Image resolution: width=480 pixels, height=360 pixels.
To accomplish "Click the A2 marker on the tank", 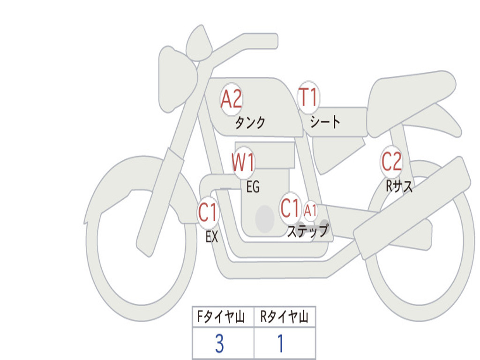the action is [x=231, y=99].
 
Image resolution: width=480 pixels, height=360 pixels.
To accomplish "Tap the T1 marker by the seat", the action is [x=308, y=98].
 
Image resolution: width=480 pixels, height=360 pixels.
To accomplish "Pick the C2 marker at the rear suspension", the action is [x=391, y=162].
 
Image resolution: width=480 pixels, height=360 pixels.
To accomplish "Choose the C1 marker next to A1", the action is [x=290, y=208].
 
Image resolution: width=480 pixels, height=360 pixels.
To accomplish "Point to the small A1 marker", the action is [x=310, y=210].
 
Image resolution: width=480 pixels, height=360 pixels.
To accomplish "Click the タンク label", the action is [x=250, y=123].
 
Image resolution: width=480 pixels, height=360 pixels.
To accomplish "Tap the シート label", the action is [x=325, y=122].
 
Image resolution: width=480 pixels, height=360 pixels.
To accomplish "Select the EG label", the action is [x=253, y=187].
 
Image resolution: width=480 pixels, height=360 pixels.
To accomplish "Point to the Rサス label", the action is [x=399, y=187].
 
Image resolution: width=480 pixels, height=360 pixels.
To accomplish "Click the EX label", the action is [x=212, y=237].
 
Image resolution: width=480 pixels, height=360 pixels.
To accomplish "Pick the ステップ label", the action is [x=307, y=231].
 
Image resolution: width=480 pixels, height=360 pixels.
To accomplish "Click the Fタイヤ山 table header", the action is [x=223, y=317].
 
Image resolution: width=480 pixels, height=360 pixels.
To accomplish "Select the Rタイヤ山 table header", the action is [x=285, y=317].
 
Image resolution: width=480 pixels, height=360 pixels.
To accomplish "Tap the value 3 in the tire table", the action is [x=219, y=344].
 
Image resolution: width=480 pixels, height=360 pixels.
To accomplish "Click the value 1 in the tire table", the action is [x=280, y=344].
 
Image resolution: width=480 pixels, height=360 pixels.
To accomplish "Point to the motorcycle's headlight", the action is [x=176, y=77].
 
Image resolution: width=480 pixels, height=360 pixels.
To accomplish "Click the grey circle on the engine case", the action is [x=265, y=218].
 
